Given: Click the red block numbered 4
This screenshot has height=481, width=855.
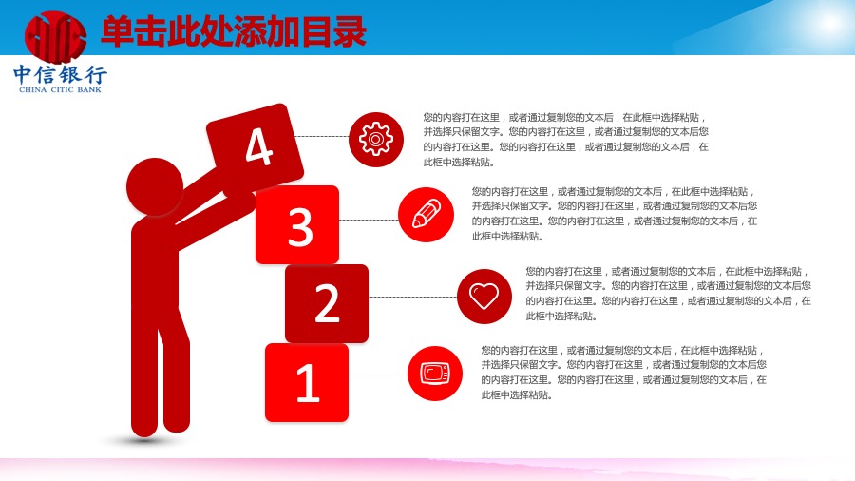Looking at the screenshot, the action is tap(255, 147).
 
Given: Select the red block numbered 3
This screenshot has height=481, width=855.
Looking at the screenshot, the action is tap(297, 224).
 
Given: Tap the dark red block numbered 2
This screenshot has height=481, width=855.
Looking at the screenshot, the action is tap(327, 303).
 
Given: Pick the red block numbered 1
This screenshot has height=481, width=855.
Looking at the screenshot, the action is tap(307, 382).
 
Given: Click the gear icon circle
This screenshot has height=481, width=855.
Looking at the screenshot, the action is tap(375, 139).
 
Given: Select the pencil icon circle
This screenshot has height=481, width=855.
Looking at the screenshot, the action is tap(426, 215).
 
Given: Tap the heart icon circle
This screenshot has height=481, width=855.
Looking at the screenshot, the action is tap(484, 297).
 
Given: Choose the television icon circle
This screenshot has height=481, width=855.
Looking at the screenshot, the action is tap(435, 374).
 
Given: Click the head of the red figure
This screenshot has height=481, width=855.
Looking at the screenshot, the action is tap(155, 186).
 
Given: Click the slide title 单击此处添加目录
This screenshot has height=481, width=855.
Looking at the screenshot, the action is tap(234, 32).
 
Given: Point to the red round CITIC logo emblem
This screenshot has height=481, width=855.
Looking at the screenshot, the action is tap(56, 36).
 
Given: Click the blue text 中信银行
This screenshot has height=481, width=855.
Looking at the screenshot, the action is tap(60, 74).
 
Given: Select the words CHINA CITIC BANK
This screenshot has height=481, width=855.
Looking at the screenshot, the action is tap(60, 89).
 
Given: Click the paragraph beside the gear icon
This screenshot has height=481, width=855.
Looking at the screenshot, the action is tap(566, 140).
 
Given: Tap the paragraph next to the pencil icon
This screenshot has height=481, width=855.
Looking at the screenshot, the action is tap(615, 214).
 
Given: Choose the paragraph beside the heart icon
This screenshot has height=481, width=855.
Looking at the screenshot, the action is tap(669, 294).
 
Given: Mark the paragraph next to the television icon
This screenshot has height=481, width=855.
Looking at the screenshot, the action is tap(624, 373).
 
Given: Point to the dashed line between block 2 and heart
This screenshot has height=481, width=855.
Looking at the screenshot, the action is tap(413, 298).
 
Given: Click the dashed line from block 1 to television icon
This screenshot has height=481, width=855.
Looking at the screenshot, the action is tap(378, 375).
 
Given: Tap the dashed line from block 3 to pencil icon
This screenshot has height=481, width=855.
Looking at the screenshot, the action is tap(369, 220).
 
